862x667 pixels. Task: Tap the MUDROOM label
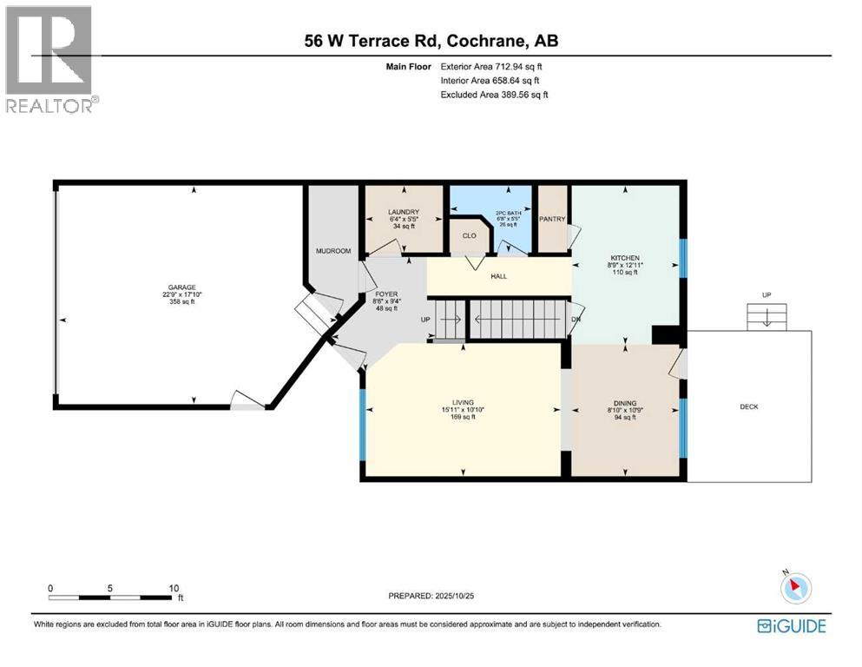tap(333, 251)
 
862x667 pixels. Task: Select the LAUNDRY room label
tap(405, 212)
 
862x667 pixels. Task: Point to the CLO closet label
tap(469, 235)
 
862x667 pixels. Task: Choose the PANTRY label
tap(552, 219)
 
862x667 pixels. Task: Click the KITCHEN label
tap(625, 258)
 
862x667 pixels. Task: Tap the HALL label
tap(499, 277)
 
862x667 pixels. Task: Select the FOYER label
tap(385, 294)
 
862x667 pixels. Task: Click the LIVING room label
tap(463, 403)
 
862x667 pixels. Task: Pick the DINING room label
tap(625, 403)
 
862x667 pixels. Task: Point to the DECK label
tap(748, 406)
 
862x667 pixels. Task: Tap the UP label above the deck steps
tap(766, 295)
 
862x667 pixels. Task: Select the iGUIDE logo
tap(791, 626)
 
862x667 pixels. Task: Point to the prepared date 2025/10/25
tap(434, 597)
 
